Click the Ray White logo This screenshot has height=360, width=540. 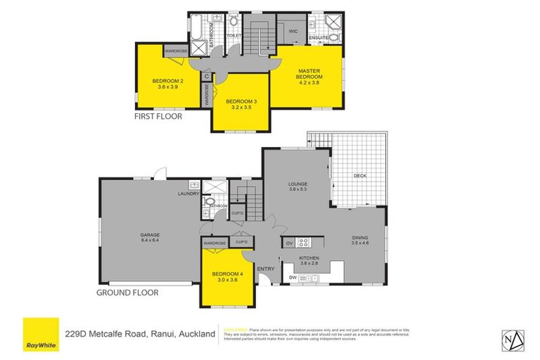coord(41,335)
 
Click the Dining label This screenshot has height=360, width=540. coord(360,237)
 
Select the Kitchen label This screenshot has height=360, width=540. coord(309,259)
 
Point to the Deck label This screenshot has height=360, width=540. coord(360,176)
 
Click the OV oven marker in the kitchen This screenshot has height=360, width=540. coord(289,243)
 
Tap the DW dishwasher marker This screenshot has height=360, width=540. coord(292,278)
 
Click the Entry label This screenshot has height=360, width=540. coord(266,269)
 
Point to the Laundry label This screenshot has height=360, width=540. coord(190,193)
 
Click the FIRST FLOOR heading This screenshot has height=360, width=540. coord(158,117)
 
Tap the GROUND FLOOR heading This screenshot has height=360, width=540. coord(128,292)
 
